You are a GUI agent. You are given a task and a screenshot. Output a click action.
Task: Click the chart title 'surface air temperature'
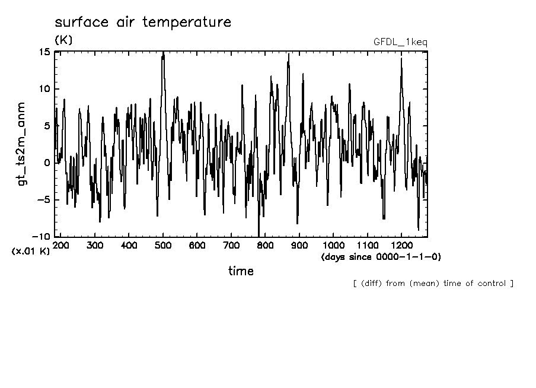(142, 23)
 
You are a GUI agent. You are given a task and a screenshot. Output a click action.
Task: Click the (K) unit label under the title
(63, 40)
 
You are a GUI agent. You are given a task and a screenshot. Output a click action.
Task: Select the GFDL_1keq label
(400, 42)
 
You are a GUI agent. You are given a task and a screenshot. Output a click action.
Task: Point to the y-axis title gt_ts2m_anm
(22, 143)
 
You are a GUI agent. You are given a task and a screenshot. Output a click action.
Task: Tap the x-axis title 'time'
(241, 271)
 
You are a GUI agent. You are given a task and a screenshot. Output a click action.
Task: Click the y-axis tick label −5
(43, 200)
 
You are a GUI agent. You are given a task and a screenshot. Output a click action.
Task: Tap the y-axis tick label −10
(41, 237)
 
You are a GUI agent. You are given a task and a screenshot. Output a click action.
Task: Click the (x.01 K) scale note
(30, 252)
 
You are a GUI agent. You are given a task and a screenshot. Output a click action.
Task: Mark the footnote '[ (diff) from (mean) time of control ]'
(433, 283)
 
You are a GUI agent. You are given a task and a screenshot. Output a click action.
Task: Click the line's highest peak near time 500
(163, 53)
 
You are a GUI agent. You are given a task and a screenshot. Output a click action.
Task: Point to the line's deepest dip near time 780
(259, 234)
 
